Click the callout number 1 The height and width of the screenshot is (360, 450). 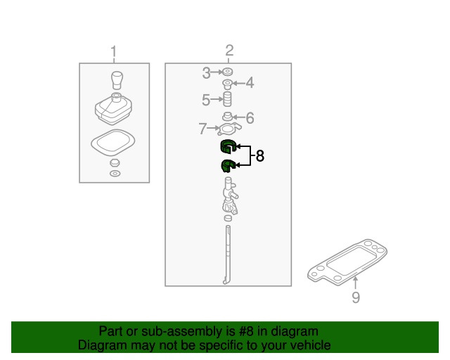(x=114, y=51)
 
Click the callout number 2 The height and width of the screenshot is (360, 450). (x=229, y=50)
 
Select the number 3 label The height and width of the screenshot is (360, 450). (x=206, y=73)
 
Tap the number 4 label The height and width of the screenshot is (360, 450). (x=250, y=83)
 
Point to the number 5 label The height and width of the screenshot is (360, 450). (x=206, y=100)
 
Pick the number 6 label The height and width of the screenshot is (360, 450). (x=250, y=117)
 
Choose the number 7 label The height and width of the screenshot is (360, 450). (x=202, y=129)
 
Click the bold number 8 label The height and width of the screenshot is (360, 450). (x=259, y=156)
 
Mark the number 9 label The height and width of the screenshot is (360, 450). (x=356, y=297)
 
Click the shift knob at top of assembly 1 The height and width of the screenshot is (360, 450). (x=117, y=80)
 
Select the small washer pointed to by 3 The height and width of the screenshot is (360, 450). (x=227, y=72)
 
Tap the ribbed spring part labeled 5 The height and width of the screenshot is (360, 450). (x=227, y=99)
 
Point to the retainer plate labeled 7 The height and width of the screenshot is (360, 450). (x=229, y=129)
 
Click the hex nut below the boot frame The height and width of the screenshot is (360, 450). (x=115, y=163)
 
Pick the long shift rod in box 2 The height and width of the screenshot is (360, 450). (x=227, y=255)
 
